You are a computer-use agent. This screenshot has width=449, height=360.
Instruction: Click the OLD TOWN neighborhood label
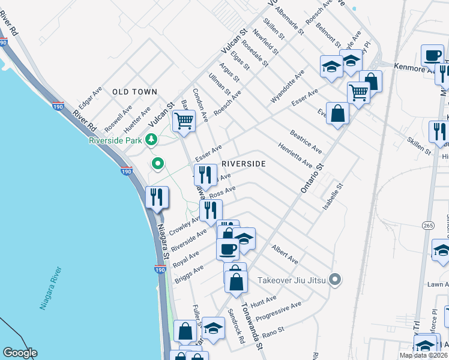pos(134,92)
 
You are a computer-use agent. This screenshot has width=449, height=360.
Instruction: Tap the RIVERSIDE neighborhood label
pos(243,163)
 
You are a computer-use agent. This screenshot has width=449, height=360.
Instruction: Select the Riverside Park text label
pos(115,140)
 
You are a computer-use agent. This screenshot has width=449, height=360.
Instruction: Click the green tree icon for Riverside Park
pos(152,140)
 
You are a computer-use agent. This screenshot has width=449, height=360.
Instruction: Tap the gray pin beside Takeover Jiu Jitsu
pos(336,280)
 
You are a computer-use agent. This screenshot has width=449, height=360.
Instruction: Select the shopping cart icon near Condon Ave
pos(184,121)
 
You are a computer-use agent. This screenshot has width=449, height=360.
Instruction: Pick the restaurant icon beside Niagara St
pos(157,197)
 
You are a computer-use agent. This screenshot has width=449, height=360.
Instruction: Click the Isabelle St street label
pos(333,196)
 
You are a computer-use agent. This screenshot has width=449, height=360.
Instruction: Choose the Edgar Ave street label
pos(90,96)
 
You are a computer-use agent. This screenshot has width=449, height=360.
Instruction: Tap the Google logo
pos(20,353)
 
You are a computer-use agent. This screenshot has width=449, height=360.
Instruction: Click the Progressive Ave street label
pos(278,311)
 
